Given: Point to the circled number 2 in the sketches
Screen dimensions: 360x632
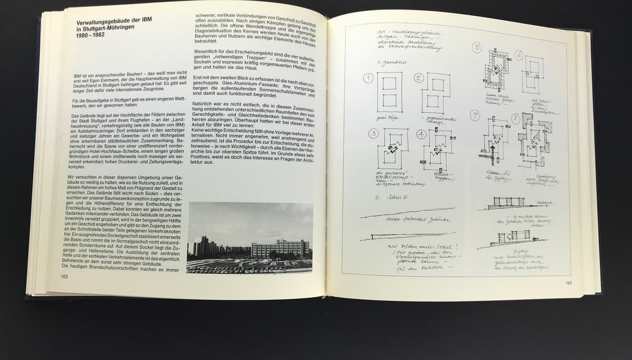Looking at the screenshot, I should click(x=419, y=78).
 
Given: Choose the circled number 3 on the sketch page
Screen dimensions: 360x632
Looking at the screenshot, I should click(x=374, y=134).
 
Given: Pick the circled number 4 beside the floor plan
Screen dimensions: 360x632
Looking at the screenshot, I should click(x=421, y=134).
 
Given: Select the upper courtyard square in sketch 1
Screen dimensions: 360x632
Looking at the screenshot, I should click(x=389, y=83).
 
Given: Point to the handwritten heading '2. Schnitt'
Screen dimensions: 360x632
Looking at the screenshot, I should click(x=387, y=198).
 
